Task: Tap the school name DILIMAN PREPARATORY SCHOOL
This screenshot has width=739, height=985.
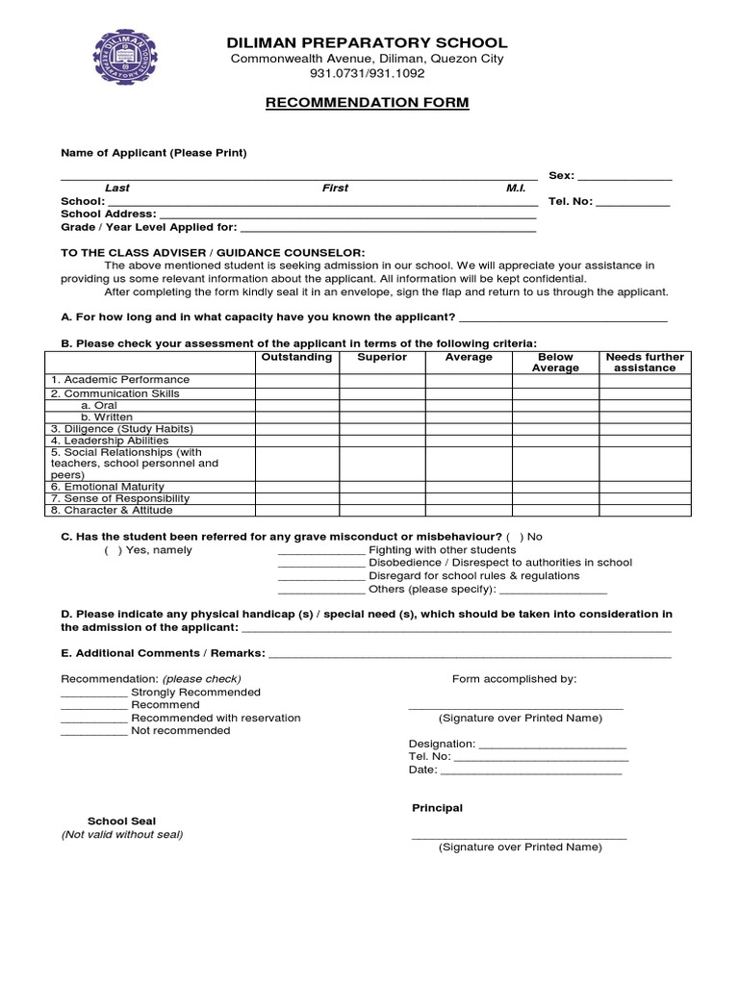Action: pos(366,42)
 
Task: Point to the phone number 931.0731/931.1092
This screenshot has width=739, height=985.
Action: pos(366,73)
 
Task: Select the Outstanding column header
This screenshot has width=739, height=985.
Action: pos(297,357)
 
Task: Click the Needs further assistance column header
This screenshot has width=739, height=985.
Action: pos(645,363)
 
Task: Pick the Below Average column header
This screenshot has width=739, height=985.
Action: pos(555,363)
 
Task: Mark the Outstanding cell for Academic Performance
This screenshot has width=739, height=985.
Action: pos(297,381)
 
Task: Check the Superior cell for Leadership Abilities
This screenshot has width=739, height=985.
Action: pos(382,441)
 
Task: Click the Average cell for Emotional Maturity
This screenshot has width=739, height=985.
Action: pos(469,487)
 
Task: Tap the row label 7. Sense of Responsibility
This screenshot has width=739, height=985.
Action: pos(120,498)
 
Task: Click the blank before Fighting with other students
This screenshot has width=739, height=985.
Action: pos(321,552)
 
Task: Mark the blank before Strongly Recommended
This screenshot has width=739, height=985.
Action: pos(93,694)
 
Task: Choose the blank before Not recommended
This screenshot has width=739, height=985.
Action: pos(93,732)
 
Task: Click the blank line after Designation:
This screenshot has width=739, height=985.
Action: pos(552,745)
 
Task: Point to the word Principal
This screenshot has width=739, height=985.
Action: pos(438,808)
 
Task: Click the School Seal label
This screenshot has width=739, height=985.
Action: pos(121,821)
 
